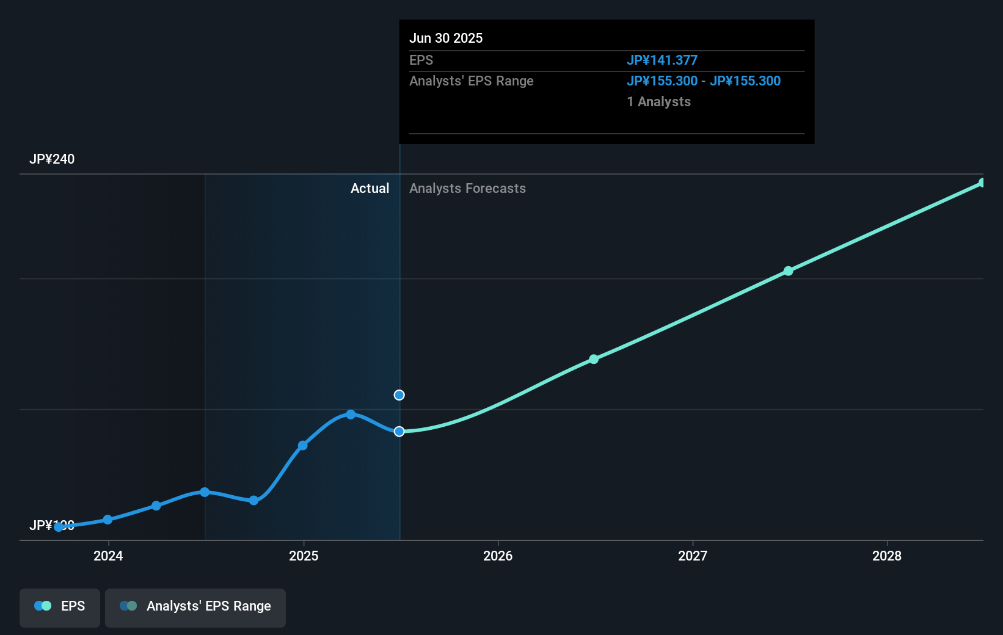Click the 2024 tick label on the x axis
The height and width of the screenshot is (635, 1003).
[108, 556]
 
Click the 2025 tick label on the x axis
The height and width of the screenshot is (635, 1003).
[304, 556]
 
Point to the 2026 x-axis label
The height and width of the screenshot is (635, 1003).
[498, 556]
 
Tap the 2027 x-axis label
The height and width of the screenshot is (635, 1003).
[693, 556]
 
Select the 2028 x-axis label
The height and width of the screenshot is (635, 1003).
[887, 556]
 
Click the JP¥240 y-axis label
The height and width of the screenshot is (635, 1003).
[52, 159]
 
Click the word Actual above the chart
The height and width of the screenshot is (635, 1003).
[370, 189]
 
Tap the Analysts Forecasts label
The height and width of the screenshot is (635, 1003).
[467, 189]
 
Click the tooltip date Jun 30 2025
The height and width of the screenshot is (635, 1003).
[446, 38]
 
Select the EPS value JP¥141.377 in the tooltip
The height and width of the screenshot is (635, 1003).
[662, 60]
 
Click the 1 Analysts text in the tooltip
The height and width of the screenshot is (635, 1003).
[658, 102]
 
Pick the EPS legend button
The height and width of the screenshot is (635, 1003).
[60, 607]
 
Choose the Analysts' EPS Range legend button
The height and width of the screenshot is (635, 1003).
[195, 607]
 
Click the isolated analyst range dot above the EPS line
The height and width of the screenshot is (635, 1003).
[399, 395]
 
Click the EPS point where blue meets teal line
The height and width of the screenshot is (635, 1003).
[399, 432]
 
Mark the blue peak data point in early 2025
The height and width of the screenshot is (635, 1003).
[351, 415]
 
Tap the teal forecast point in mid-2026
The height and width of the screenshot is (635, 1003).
[594, 359]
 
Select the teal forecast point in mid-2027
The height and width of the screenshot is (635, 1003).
[788, 271]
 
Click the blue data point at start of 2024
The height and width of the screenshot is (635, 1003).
[108, 520]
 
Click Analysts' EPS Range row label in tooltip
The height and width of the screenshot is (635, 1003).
[471, 81]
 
